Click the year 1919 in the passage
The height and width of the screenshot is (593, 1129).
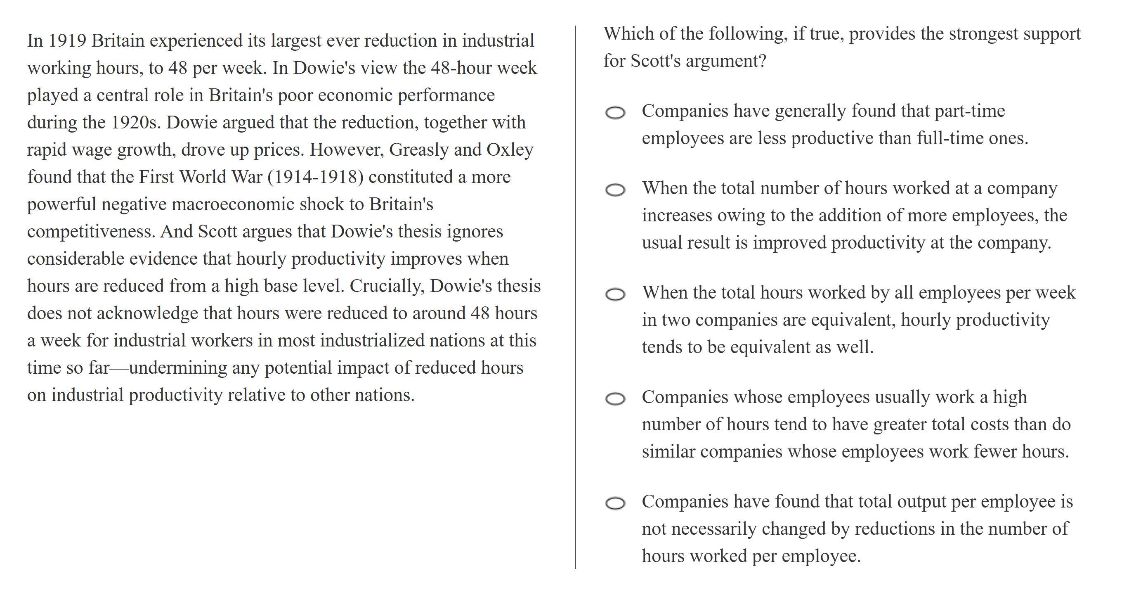(x=67, y=41)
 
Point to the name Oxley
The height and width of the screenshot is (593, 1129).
(x=510, y=150)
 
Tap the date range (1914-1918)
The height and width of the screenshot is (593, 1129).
(x=316, y=177)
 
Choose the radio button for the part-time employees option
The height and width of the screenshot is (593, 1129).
(x=615, y=113)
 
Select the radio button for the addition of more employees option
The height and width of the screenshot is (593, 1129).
(x=615, y=190)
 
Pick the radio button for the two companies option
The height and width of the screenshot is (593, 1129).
(x=615, y=294)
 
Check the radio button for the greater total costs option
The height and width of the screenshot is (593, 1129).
(x=615, y=398)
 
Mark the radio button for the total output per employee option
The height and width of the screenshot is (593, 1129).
(x=615, y=503)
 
